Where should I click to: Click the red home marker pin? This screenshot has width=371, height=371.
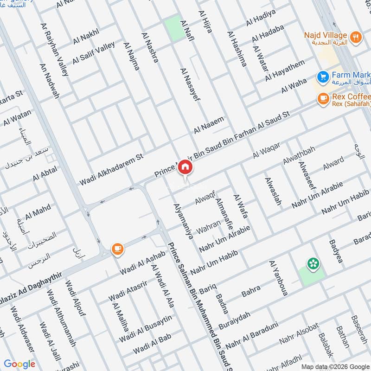coord(185,167)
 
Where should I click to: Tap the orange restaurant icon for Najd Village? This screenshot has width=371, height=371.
coord(356,37)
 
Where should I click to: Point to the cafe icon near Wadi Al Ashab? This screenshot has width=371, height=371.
coord(117,249)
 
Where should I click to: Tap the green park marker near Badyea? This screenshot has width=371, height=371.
coord(313,263)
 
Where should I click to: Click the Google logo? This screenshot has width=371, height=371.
coord(19,364)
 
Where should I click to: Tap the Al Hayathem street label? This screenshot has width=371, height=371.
coord(285,70)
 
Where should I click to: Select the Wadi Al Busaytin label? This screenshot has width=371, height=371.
coord(145,329)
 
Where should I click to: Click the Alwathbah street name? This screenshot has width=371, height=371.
coord(299,155)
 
